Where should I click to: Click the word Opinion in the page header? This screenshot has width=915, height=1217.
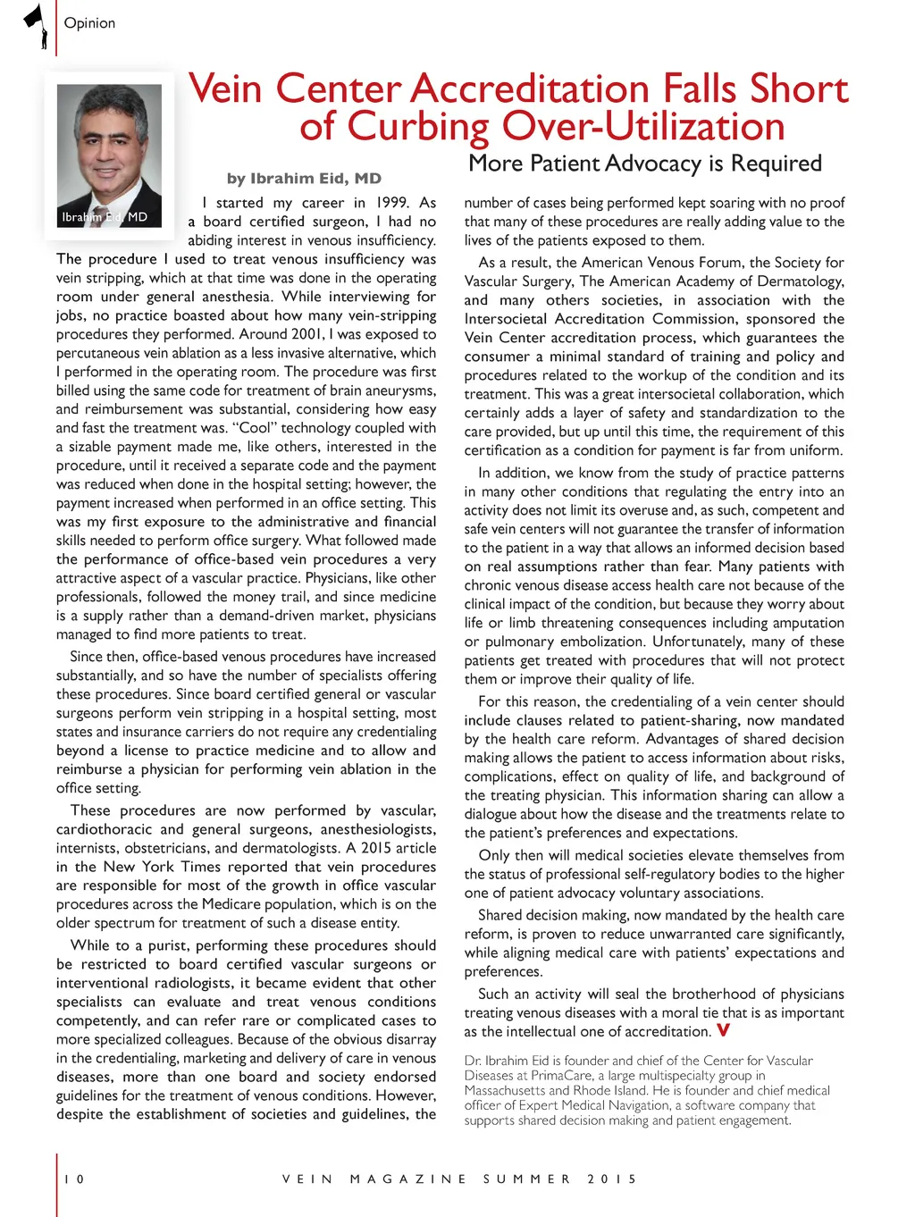[89, 23]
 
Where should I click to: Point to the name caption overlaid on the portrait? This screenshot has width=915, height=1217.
[105, 217]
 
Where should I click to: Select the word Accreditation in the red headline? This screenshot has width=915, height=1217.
[529, 89]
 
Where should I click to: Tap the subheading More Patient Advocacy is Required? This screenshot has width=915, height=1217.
[644, 164]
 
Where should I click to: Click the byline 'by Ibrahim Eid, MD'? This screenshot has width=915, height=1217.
[304, 179]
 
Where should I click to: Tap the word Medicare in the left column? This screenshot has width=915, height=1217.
[249, 904]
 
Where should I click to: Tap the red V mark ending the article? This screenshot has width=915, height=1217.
[723, 1030]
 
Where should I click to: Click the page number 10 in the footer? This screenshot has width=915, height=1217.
[74, 1179]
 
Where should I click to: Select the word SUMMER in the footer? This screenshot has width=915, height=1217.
[526, 1179]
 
